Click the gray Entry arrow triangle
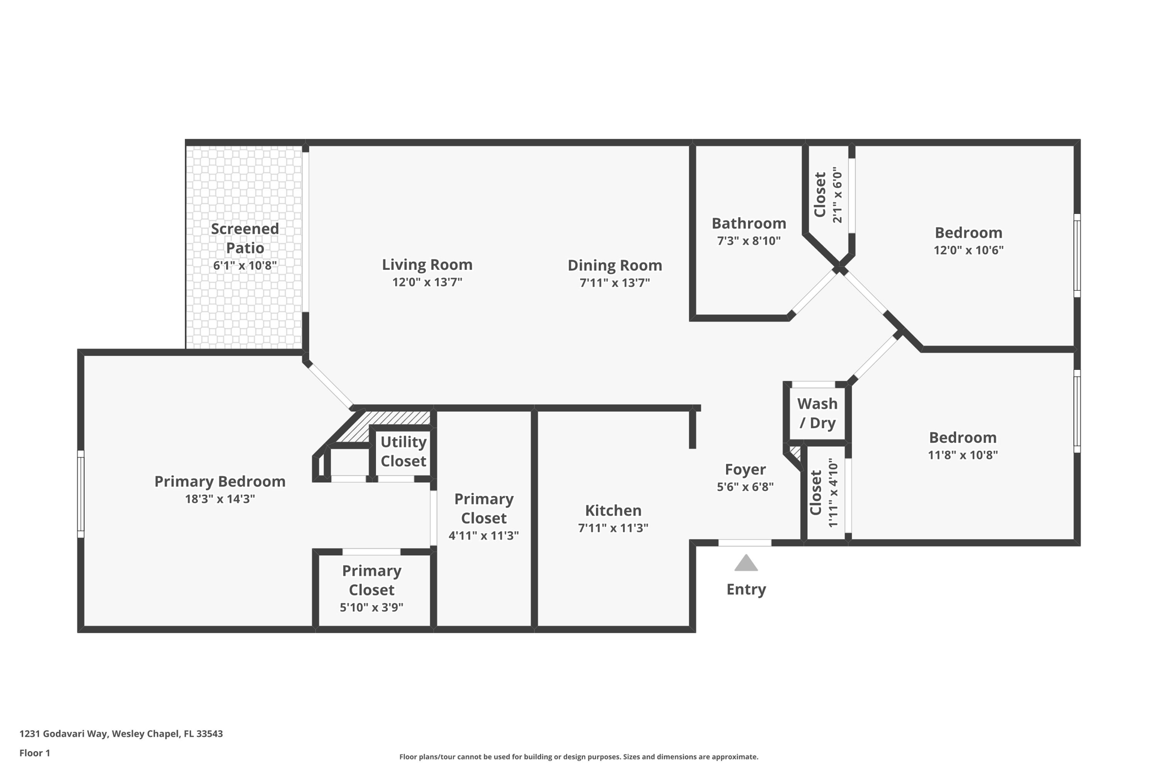[x=746, y=563]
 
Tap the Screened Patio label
[x=245, y=238]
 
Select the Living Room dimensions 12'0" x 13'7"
[x=427, y=282]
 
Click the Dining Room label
[x=615, y=265]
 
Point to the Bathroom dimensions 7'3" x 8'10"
[x=749, y=241]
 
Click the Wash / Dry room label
[x=818, y=413]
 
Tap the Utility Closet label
[x=403, y=451]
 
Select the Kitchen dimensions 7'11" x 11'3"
[x=613, y=528]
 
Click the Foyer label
[x=745, y=469]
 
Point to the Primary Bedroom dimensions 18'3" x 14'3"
[x=220, y=499]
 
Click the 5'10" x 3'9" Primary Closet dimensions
[x=371, y=607]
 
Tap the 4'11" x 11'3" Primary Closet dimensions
[x=483, y=536]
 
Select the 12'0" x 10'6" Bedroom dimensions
[x=969, y=250]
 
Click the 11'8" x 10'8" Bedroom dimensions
[x=963, y=455]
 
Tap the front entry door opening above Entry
[x=745, y=543]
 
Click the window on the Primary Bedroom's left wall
[x=81, y=494]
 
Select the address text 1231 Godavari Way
[x=63, y=734]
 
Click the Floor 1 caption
[x=34, y=753]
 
